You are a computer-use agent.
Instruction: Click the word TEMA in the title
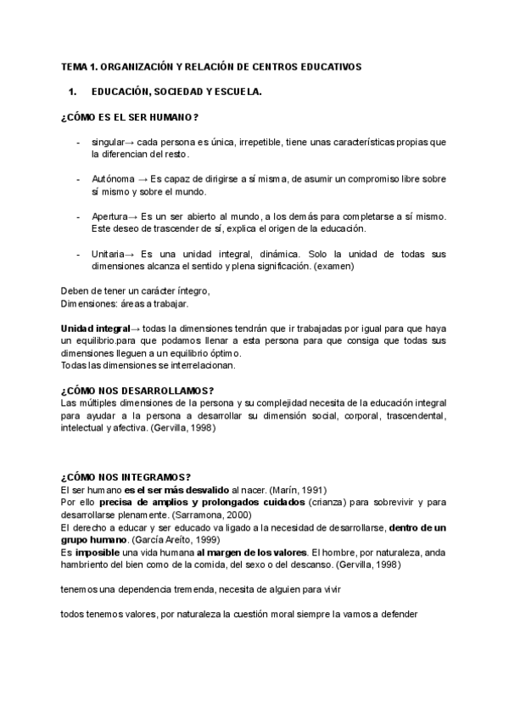(73, 65)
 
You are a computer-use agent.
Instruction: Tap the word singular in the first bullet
(107, 143)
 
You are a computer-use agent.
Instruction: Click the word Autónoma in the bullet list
(112, 180)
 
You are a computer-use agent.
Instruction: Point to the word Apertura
(110, 217)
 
